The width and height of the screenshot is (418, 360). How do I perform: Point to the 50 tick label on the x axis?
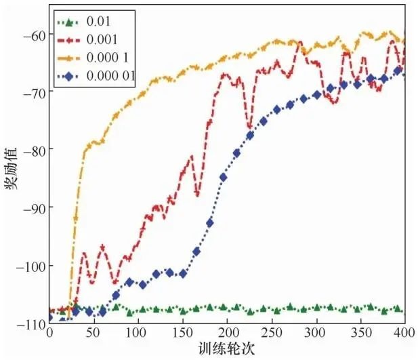(x=93, y=334)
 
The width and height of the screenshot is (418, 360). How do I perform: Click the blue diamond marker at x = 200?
(x=223, y=177)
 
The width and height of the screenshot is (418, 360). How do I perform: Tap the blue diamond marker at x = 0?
(x=49, y=317)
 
